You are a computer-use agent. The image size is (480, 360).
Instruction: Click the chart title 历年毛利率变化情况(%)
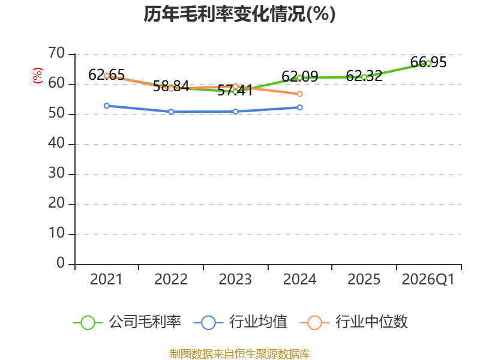click(239, 14)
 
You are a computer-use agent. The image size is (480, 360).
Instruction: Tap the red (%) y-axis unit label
click(37, 76)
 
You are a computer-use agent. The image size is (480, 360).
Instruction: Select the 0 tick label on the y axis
click(61, 263)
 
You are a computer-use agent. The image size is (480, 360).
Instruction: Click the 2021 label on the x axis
click(106, 279)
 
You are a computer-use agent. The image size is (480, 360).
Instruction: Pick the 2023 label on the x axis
click(235, 279)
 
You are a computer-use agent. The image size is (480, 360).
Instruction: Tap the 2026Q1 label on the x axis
click(428, 279)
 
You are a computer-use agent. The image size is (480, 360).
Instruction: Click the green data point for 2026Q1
click(428, 64)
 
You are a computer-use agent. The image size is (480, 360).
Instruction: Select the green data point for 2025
click(364, 77)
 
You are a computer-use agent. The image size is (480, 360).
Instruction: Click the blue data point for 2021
click(107, 106)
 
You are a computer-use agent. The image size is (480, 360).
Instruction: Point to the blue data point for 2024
click(299, 107)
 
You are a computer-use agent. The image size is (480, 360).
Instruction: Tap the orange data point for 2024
click(299, 94)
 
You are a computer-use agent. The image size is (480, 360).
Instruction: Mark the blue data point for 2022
click(171, 112)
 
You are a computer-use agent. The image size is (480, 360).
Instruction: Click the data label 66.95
click(428, 62)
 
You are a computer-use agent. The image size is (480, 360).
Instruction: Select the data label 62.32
click(364, 76)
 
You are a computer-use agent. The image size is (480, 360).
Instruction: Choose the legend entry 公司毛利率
click(127, 322)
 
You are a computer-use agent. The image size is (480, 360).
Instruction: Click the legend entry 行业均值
click(241, 322)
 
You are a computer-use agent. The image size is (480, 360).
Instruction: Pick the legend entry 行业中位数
click(353, 322)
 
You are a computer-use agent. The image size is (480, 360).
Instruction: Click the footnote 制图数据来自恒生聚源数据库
click(239, 354)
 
